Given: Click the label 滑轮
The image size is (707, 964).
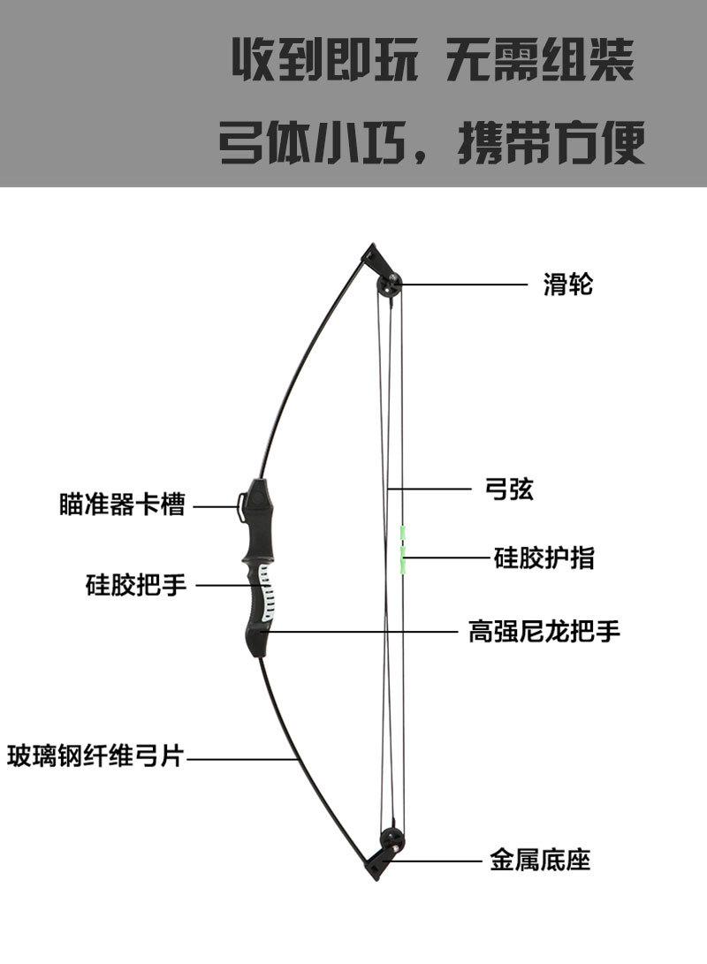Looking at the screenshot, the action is (567, 285).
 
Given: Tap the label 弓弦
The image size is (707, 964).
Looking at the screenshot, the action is (509, 489).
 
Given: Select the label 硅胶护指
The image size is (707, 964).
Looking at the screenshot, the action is (544, 558).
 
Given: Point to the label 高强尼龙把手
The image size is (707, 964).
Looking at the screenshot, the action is (544, 632).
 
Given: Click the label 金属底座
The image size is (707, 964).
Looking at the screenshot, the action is (540, 859).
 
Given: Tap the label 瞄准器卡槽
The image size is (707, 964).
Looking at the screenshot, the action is (122, 506).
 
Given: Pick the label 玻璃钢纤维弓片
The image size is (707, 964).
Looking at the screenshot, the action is (95, 756).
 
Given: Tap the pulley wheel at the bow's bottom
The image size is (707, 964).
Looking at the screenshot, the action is (392, 839).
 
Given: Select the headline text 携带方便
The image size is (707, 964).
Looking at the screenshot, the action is (551, 141).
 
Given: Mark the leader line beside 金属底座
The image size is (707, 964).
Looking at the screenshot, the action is (442, 859).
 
